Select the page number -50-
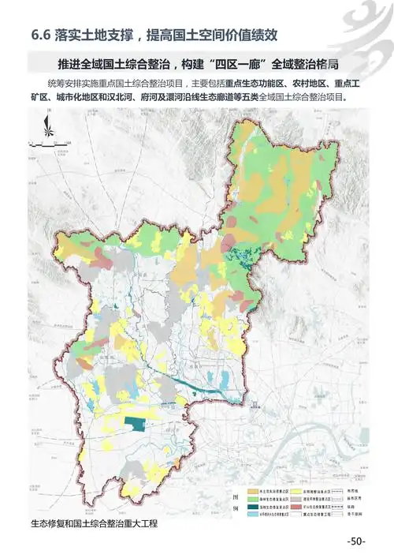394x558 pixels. (355, 541)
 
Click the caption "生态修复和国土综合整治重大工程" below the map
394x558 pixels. (94, 522)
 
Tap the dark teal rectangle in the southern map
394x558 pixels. (138, 425)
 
